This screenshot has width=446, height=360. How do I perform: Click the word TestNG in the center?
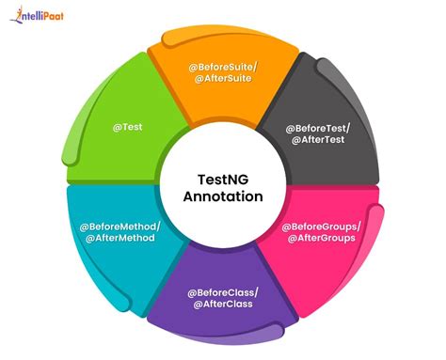(222, 178)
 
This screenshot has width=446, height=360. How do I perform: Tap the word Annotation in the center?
(223, 196)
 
